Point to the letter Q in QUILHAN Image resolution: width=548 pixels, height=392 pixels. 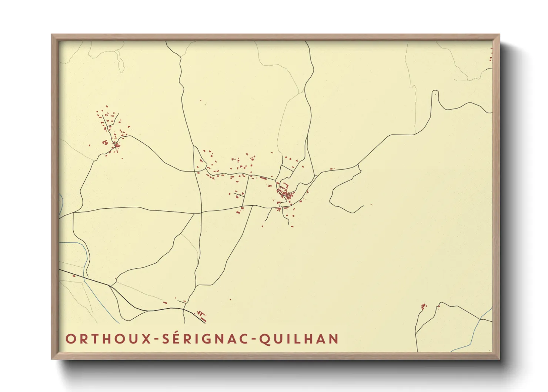264,339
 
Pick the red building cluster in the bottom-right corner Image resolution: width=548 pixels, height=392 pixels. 424,306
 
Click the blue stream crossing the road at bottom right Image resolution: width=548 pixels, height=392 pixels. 480,318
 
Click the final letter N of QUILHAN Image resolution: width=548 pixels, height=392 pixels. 334,339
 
